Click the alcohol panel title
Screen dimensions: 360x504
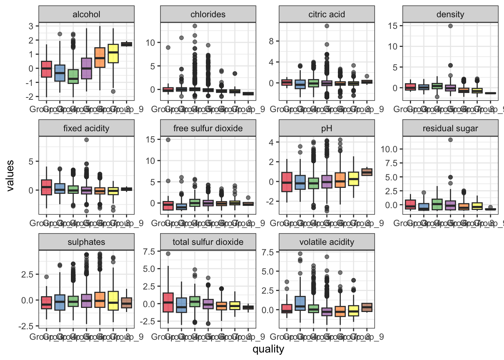(86, 15)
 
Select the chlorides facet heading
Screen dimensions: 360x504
(208, 15)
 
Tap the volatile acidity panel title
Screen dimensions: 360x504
(326, 242)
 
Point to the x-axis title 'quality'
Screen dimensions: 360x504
(268, 349)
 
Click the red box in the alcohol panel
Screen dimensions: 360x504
(46, 69)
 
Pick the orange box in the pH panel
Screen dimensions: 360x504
(340, 180)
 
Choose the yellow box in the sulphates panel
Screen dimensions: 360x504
(113, 300)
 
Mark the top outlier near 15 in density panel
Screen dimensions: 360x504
(450, 26)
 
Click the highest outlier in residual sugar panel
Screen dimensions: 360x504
(450, 140)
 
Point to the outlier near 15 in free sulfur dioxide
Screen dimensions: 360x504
(168, 140)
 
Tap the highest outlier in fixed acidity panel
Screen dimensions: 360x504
(86, 140)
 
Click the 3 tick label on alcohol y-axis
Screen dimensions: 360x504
(31, 26)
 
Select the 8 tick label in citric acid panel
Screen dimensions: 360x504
(271, 41)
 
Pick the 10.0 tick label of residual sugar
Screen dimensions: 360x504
(389, 149)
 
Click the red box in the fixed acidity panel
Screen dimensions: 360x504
(46, 187)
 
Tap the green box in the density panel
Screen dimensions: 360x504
(437, 86)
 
